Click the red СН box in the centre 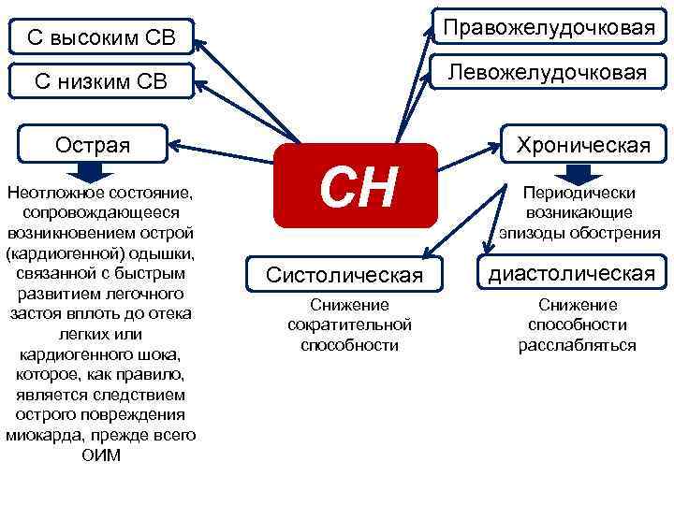pos(356,186)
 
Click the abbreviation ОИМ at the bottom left pos(101,455)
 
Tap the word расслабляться pos(578,345)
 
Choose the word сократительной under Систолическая pos(349,325)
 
